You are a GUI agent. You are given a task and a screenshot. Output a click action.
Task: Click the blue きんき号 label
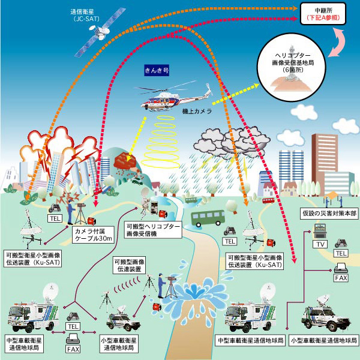tap(157, 70)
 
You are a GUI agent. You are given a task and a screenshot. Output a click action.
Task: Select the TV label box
tap(319, 244)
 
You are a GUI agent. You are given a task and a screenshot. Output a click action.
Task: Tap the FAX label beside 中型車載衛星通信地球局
tap(73, 349)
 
